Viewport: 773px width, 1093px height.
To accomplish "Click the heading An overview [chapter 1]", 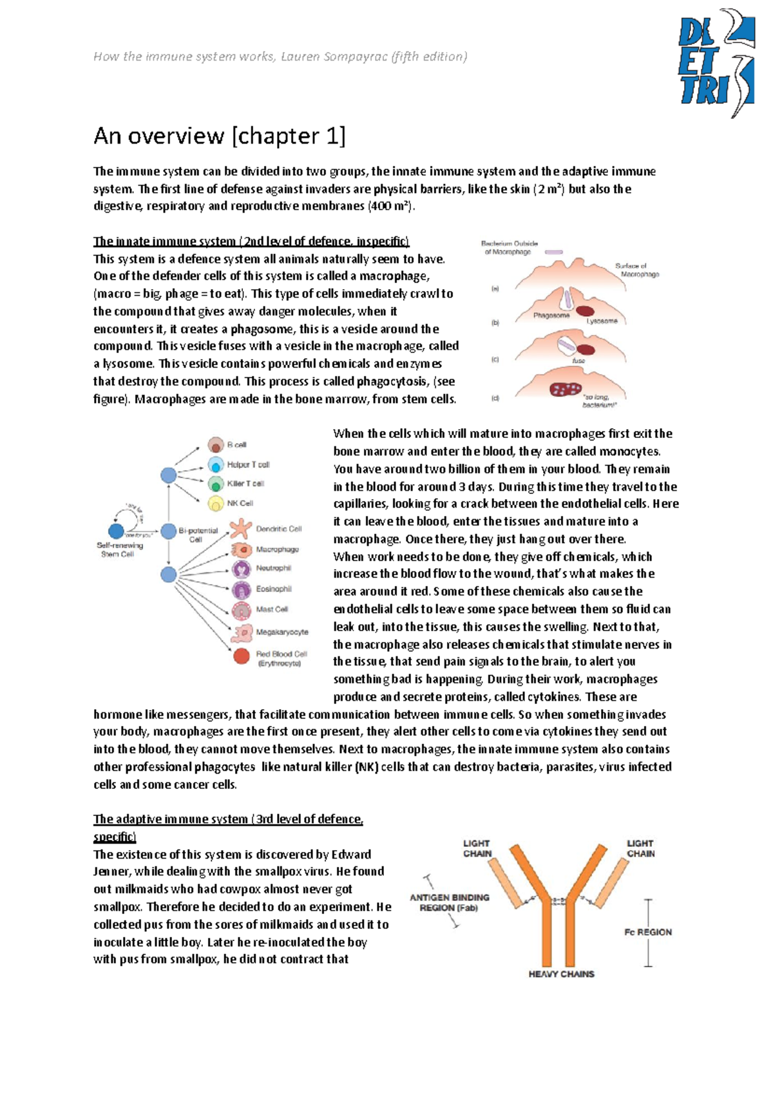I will coord(219,136).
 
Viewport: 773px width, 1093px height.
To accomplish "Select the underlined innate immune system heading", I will coord(251,242).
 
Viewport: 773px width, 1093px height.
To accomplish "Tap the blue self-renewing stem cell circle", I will coord(116,531).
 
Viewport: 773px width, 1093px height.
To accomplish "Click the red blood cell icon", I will coord(242,656).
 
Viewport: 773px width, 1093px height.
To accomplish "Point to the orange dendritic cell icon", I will coord(241,529).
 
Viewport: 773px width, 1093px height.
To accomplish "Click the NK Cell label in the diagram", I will coord(240,503).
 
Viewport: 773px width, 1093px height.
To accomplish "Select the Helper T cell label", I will coord(248,464).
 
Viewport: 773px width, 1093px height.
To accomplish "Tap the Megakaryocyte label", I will coord(282,632).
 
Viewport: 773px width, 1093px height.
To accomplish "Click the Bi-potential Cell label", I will coord(198,535).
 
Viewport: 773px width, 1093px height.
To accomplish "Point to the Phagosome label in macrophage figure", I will coord(551,316).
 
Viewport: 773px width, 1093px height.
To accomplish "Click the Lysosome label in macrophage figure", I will coord(602,321).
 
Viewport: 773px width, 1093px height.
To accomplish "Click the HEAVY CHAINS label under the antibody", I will coord(561,974).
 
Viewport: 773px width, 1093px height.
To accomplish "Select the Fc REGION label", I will coord(647,932).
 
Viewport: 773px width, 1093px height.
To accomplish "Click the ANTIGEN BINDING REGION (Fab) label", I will coord(449,902).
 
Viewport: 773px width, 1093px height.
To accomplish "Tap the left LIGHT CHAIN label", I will coord(477,848).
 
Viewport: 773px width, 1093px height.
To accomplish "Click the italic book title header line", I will coord(280,57).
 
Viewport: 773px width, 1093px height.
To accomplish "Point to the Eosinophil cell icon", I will coord(242,589).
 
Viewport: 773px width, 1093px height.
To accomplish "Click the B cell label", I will coord(236,445).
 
